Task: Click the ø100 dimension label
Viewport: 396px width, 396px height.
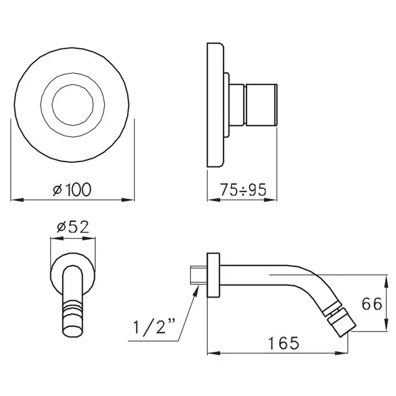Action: point(72,190)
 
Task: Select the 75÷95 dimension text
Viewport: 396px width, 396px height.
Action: point(243,190)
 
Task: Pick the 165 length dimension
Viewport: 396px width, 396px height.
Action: point(283,343)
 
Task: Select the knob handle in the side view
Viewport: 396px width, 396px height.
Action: point(261,105)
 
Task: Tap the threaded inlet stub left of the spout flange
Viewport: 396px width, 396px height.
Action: point(199,275)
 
